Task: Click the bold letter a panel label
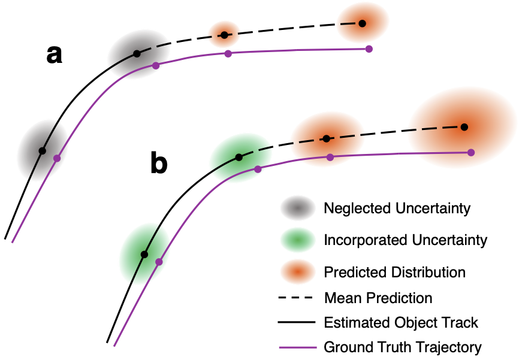tap(54, 55)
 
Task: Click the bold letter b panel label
tap(159, 162)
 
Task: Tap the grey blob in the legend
tap(298, 208)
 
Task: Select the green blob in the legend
tap(298, 240)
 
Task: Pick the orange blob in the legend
tap(298, 272)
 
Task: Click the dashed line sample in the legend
tap(295, 298)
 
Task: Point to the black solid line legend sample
tap(297, 322)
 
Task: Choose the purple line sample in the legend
tap(298, 347)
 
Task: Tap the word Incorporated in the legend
tap(366, 240)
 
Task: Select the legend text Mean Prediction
tap(378, 298)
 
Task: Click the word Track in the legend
tap(460, 322)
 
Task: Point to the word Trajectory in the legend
tap(449, 347)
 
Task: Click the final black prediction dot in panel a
tap(363, 23)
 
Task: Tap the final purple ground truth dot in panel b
tap(471, 152)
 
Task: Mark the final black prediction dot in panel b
tap(464, 127)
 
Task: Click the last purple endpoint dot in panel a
tap(369, 49)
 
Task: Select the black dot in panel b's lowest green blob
tap(144, 255)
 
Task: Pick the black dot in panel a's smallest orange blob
tap(225, 35)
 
